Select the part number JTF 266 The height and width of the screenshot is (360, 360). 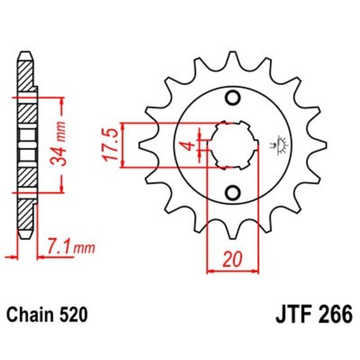click(312, 313)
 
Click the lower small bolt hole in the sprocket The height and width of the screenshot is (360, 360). click(233, 193)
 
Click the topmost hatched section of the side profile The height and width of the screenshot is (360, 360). click(25, 73)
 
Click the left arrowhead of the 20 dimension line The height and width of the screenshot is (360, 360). click(212, 271)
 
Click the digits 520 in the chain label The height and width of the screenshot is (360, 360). click(73, 313)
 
